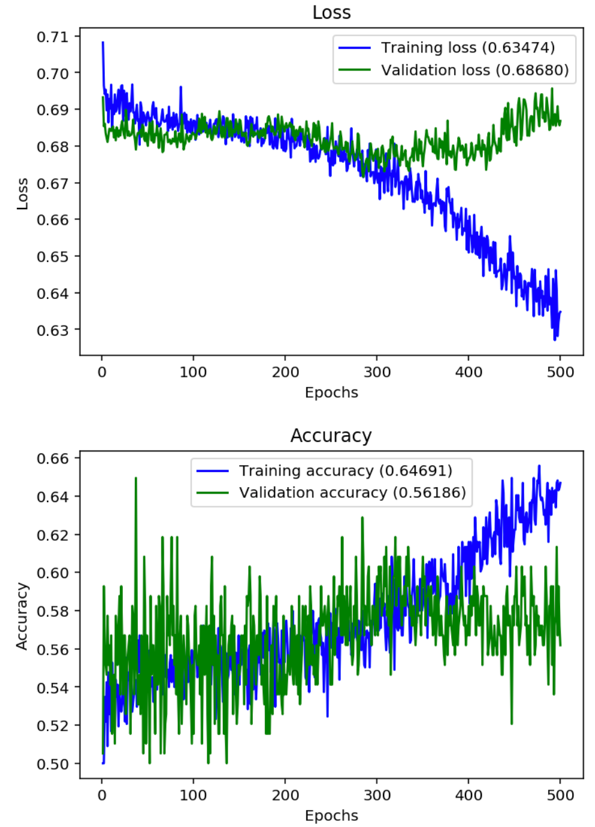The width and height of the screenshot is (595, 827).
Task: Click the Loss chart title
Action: tap(331, 13)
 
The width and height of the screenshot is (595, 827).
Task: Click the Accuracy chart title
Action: tap(331, 435)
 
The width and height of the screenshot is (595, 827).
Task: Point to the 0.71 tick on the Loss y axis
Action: tap(53, 37)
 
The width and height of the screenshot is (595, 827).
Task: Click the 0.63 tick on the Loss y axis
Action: tap(53, 330)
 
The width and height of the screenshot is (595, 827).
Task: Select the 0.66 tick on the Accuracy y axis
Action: tap(53, 458)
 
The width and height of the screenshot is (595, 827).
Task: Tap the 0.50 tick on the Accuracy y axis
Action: tap(53, 764)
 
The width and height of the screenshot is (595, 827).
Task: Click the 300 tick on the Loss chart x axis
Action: tap(377, 372)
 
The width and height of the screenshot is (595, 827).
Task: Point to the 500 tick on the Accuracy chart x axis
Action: tap(560, 795)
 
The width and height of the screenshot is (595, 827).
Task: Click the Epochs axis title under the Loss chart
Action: tap(331, 392)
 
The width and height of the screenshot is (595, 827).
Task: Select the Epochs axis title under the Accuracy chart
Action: tap(331, 816)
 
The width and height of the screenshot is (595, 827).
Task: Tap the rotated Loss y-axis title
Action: tap(22, 193)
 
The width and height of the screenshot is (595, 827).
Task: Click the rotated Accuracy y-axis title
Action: tap(22, 616)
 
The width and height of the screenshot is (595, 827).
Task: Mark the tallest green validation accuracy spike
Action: tap(136, 478)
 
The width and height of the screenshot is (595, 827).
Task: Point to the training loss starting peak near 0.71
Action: tap(103, 43)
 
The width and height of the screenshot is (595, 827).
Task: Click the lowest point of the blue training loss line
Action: tap(555, 339)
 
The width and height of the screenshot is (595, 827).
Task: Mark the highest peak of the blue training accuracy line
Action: tap(539, 466)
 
